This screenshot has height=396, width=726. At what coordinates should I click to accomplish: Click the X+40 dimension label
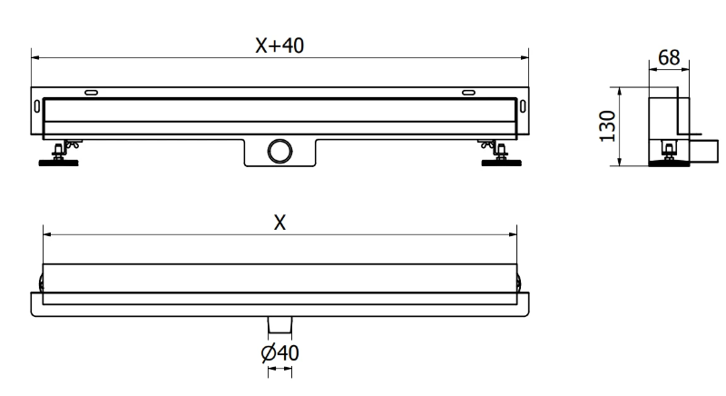coord(280,45)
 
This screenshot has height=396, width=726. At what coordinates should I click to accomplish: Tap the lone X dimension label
coord(280,223)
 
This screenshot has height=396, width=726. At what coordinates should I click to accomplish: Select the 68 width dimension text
coord(669,58)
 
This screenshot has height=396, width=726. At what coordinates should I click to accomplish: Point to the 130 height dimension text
coord(607,126)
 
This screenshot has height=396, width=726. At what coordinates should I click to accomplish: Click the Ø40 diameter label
coord(280,353)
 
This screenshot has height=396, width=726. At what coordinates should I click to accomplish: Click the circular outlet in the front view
coord(280,151)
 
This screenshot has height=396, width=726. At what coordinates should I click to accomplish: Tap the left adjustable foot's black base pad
coord(58,163)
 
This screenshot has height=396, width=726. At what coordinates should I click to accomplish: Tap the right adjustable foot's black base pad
coord(502,163)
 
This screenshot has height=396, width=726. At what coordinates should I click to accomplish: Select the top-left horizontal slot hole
coord(92,93)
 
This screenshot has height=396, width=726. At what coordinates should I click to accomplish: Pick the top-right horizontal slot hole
coord(468,93)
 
